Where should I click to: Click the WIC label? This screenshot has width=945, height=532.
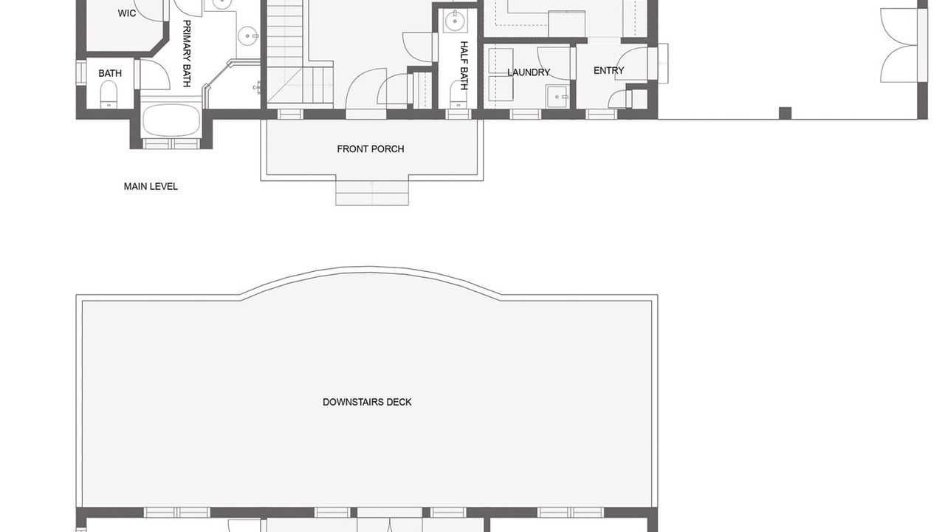(x=126, y=13)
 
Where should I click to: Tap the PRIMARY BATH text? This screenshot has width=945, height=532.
(x=187, y=54)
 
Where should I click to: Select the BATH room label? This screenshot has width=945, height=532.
(x=110, y=73)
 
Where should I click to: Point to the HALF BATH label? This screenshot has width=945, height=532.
(x=464, y=66)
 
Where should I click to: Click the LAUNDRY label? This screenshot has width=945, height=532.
(x=529, y=72)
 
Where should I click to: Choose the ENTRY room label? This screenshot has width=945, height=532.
(x=609, y=70)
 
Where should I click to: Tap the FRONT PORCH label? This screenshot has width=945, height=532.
(x=371, y=149)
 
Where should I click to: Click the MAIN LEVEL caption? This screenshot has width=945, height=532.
(x=151, y=186)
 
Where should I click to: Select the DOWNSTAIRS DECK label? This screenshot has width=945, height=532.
(x=367, y=402)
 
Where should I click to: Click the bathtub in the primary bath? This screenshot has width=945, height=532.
(x=171, y=120)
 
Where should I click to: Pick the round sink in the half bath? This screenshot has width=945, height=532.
(x=455, y=21)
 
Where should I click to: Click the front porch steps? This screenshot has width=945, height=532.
(x=372, y=193)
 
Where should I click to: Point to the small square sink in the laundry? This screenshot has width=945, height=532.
(x=557, y=96)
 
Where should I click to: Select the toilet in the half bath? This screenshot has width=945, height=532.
(x=458, y=95)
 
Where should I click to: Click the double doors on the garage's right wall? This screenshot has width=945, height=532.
(x=901, y=46)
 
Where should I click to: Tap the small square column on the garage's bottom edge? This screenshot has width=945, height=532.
(x=785, y=113)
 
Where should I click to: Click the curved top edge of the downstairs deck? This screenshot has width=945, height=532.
(x=370, y=270)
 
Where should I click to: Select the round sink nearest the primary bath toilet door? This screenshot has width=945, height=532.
(x=247, y=35)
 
